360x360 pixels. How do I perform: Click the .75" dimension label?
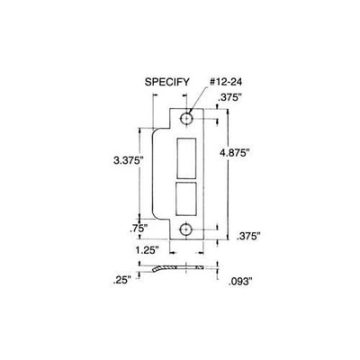coord(136,228)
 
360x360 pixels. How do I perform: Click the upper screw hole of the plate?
coord(187,119)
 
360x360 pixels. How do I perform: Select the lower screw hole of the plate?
coord(187,229)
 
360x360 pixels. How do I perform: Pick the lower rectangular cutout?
coord(187,196)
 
